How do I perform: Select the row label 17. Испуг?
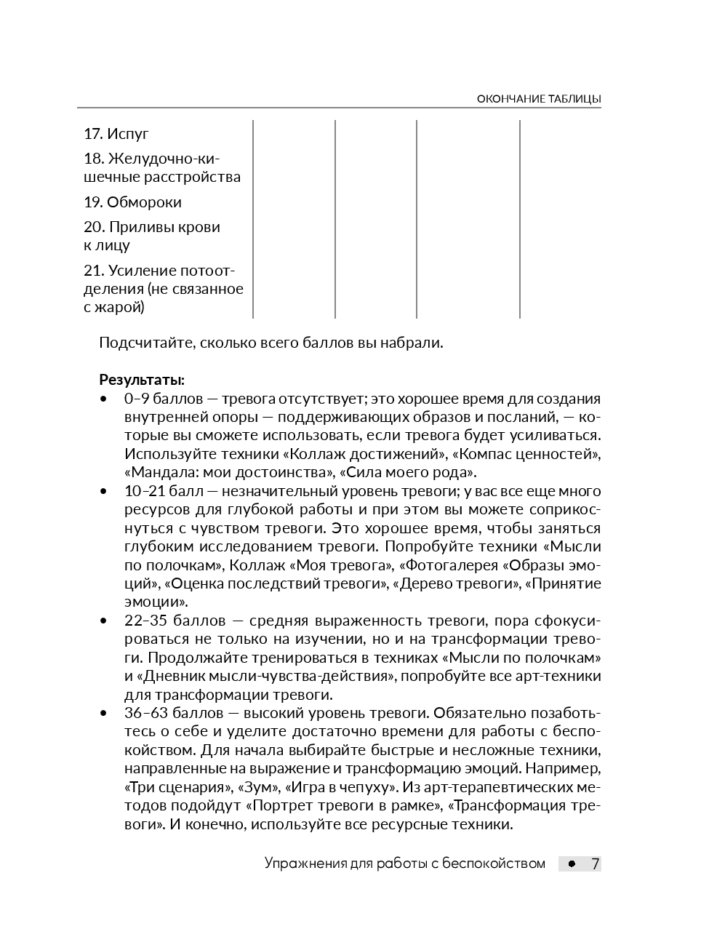click(116, 134)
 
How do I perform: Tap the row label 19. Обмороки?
click(132, 202)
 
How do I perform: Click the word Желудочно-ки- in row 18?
click(164, 159)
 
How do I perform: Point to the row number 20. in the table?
click(94, 227)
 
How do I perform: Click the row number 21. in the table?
click(93, 271)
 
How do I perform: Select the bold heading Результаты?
click(142, 380)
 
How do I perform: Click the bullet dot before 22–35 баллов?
click(103, 621)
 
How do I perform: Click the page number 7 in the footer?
click(595, 864)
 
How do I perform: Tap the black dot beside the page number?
click(572, 864)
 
